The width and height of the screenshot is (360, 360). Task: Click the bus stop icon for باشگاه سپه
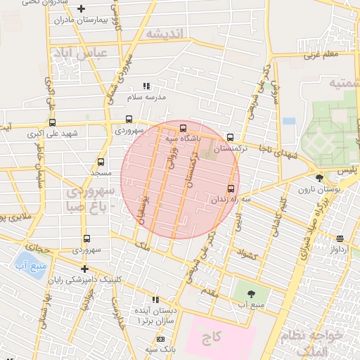coord(183,128)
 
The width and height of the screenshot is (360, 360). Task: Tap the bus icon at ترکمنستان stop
coord(231,137)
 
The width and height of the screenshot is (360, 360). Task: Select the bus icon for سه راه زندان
coord(231,188)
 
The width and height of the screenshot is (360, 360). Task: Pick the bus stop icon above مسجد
coord(101,162)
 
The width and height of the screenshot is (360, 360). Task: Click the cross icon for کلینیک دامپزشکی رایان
coord(84,269)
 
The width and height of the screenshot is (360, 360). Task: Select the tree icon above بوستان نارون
coord(321,178)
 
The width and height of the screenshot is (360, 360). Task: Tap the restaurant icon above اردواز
coord(340,238)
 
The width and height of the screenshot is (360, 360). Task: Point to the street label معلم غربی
coord(323,53)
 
